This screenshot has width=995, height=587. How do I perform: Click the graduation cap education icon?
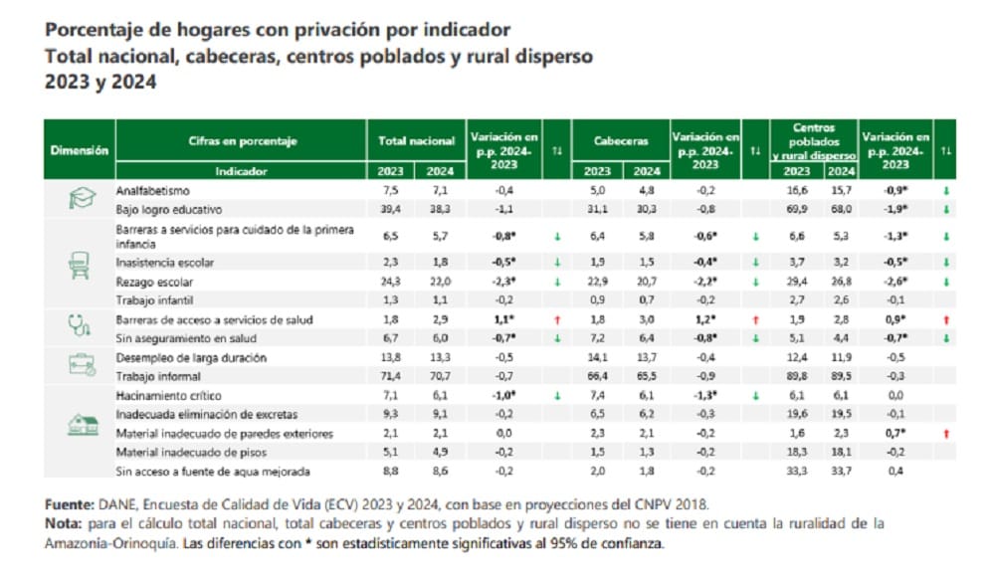point(80,200)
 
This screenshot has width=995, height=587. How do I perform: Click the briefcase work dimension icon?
point(80,365)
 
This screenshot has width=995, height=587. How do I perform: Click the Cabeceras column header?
point(621,141)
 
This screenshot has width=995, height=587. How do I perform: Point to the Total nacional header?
point(416,141)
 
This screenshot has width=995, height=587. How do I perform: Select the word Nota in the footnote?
point(63,522)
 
